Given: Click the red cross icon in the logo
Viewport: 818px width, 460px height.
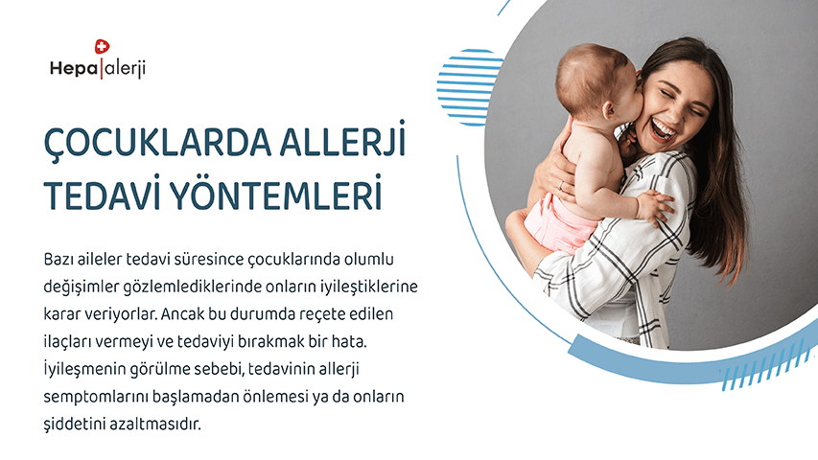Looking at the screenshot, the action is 102,46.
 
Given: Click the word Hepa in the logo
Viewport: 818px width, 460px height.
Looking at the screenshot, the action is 74,68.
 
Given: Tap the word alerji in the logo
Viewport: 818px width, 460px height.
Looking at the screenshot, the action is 125,68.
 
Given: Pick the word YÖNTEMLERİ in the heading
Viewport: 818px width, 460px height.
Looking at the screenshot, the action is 276,193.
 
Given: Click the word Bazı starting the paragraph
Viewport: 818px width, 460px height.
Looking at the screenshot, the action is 60,259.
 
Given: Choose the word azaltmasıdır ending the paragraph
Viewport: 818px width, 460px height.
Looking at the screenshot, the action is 155,424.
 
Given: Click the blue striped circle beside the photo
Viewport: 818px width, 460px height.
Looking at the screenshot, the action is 470,87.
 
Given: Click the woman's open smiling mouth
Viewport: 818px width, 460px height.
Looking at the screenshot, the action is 663,129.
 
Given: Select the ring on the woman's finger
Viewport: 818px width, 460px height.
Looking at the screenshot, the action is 561,185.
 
